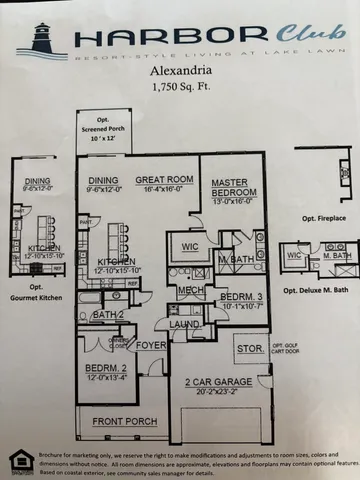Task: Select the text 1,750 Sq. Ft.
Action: coord(181,88)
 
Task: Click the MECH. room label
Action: coord(190,290)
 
